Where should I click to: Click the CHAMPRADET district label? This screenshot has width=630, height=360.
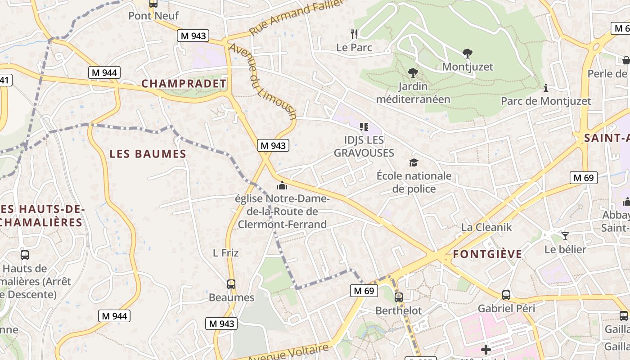tap(184, 84)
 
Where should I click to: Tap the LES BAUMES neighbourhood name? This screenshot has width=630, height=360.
tap(148, 154)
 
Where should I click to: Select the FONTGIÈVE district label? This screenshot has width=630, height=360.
tap(487, 254)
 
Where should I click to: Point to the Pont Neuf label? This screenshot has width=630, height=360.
tap(153, 16)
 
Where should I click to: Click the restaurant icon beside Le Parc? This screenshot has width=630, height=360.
tap(354, 34)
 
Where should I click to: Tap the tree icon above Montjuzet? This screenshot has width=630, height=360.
tap(468, 54)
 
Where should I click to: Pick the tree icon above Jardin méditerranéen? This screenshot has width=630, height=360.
tap(413, 72)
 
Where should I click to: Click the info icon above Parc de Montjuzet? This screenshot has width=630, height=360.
tap(546, 88)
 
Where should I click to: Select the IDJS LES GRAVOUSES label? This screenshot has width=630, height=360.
tap(364, 146)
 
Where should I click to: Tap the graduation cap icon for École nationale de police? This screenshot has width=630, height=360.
tap(414, 162)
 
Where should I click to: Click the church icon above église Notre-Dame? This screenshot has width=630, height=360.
tap(282, 185)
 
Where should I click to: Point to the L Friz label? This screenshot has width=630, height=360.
tap(225, 253)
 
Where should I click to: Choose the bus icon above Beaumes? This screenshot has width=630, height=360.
tap(231, 284)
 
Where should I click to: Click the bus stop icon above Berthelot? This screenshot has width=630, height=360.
tap(399, 297)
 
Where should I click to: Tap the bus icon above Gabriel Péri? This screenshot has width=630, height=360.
tap(506, 295)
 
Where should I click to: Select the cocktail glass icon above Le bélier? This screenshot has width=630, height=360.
tap(565, 236)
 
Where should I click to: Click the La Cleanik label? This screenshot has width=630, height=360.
tap(486, 227)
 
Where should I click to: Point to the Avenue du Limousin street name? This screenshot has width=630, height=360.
tap(263, 81)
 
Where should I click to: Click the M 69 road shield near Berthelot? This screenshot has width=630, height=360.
tap(364, 291)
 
